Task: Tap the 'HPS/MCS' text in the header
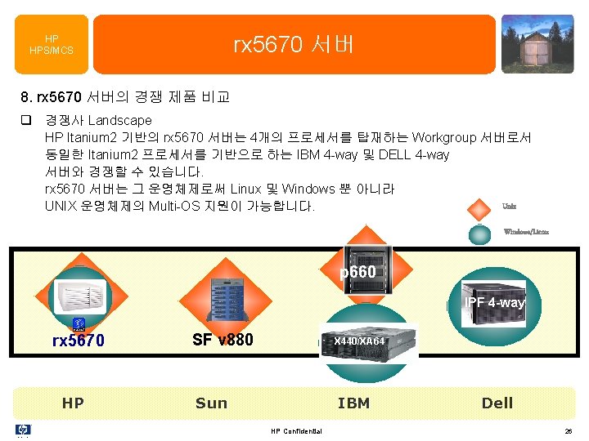click(52, 51)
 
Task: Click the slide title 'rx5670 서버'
click(294, 44)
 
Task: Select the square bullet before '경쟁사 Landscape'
click(26, 120)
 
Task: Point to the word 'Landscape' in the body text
click(119, 120)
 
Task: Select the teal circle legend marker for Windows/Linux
click(480, 233)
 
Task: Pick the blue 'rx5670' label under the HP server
click(79, 341)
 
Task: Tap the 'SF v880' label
click(223, 339)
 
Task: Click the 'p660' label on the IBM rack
click(357, 270)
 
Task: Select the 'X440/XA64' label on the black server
click(359, 340)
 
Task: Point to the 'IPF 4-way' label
click(495, 303)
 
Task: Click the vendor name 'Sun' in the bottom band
click(211, 403)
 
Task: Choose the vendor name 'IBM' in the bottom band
click(353, 403)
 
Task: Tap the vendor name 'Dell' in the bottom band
click(497, 403)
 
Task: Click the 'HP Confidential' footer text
click(296, 431)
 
